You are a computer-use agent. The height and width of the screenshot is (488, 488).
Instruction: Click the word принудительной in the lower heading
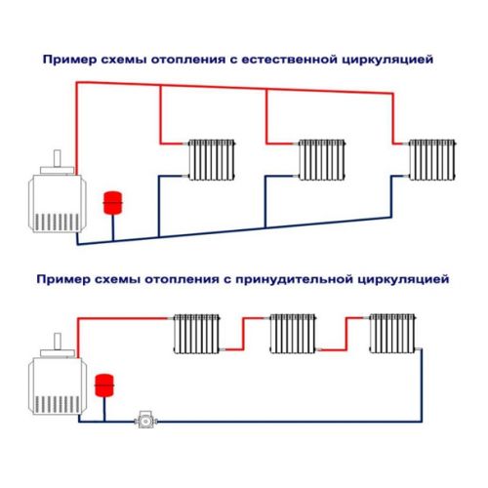[x=294, y=279]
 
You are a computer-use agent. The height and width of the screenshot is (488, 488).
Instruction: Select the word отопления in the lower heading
[x=182, y=279]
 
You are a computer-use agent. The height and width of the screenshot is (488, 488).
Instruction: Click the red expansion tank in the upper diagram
[x=112, y=203]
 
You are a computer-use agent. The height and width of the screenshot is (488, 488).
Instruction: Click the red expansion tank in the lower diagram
[x=104, y=386]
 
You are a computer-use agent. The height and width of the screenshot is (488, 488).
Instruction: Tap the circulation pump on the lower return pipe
[x=145, y=420]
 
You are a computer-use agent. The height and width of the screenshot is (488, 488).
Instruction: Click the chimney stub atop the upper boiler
[x=58, y=158]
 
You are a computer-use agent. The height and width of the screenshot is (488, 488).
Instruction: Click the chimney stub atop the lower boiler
[x=58, y=342]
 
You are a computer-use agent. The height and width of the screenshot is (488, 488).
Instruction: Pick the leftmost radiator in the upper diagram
[x=212, y=160]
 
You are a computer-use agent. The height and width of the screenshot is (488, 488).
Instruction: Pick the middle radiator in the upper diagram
[x=322, y=160]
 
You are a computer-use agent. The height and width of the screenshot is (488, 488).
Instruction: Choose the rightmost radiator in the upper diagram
[x=432, y=160]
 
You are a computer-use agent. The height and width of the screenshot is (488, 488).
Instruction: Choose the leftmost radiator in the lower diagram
[x=196, y=334]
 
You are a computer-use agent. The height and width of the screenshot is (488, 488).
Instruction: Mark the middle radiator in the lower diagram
[x=293, y=334]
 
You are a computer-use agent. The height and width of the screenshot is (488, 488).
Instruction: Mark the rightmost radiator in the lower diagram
[x=392, y=334]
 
